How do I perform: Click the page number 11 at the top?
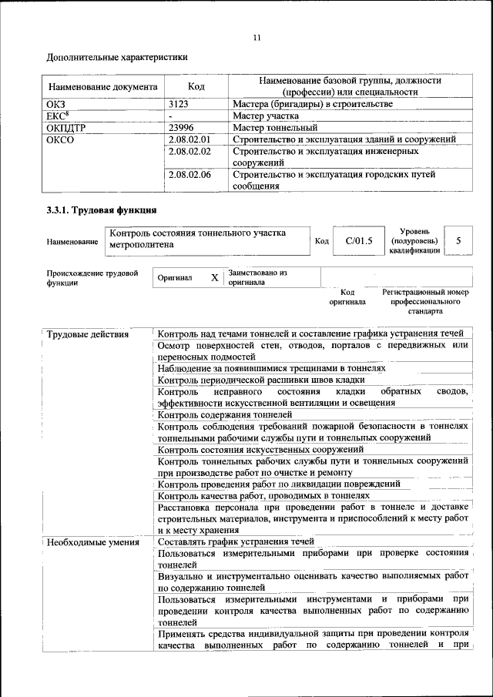click(x=257, y=37)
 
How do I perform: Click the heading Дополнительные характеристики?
click(x=116, y=57)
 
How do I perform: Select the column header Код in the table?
click(x=196, y=86)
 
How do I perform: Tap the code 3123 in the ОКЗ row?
click(x=179, y=103)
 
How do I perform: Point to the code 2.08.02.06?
click(x=189, y=175)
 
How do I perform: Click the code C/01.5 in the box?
click(x=359, y=241)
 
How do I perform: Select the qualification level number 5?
click(x=458, y=241)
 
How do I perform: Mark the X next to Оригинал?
click(x=215, y=277)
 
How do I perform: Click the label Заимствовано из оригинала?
click(x=257, y=277)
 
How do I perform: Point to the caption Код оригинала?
click(x=347, y=297)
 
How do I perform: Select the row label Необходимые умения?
click(x=92, y=541)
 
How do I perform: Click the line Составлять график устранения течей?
click(x=236, y=541)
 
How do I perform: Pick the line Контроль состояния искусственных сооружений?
click(x=260, y=449)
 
